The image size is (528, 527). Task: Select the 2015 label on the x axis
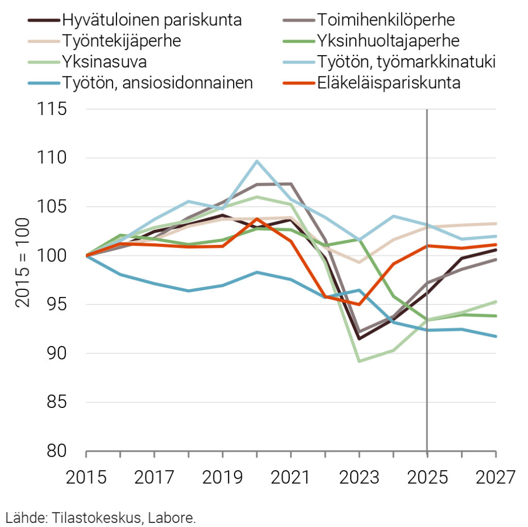86,477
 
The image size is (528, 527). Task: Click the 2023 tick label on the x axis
359,477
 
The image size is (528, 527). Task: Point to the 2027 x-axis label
495,477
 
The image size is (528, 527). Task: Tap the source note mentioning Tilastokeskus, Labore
101,518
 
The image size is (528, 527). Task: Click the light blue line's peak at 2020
257,161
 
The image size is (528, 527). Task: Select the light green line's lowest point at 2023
359,361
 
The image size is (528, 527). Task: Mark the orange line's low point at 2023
359,304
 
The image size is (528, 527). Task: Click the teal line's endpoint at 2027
496,336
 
